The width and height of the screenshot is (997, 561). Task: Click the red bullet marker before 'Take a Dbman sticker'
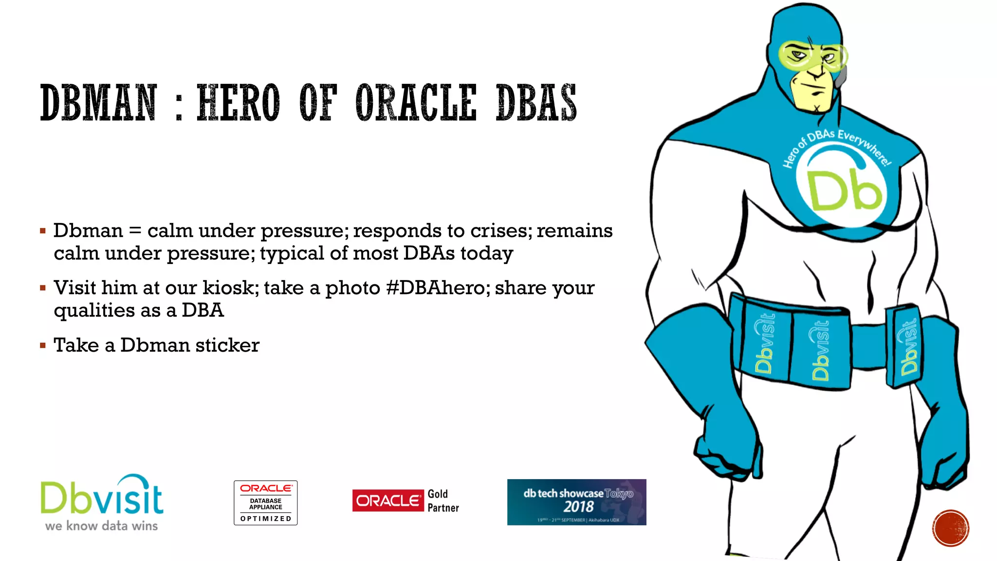pos(43,346)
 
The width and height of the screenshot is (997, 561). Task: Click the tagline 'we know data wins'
pos(101,526)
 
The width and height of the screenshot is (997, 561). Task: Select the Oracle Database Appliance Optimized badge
pos(265,503)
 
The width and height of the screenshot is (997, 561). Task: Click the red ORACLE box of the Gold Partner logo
pos(388,501)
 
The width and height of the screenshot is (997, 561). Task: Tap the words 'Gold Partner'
pos(443,501)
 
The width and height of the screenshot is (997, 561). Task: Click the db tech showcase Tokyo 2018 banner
pos(576,502)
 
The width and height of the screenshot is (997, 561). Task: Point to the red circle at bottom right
pos(951,528)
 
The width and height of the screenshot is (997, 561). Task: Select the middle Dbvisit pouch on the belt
pos(820,349)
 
